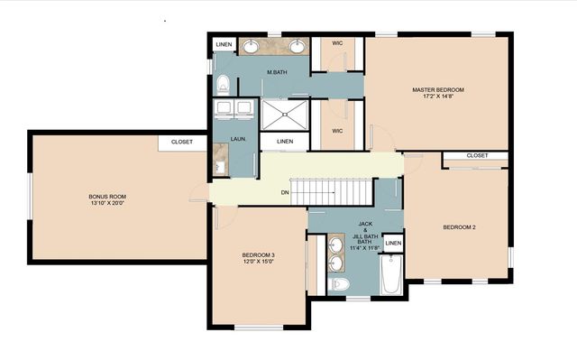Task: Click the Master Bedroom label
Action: pyautogui.click(x=438, y=90)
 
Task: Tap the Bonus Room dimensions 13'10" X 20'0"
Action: pyautogui.click(x=107, y=203)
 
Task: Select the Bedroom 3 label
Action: pyautogui.click(x=259, y=255)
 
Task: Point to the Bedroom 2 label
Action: pyautogui.click(x=459, y=227)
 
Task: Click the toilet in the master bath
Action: pyautogui.click(x=223, y=84)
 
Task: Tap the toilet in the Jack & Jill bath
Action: pyautogui.click(x=339, y=284)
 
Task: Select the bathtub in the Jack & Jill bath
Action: pyautogui.click(x=390, y=274)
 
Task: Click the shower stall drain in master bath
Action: pyautogui.click(x=285, y=115)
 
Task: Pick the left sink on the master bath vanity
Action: pyautogui.click(x=252, y=47)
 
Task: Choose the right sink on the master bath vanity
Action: pyautogui.click(x=297, y=47)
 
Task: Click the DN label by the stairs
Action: pyautogui.click(x=285, y=192)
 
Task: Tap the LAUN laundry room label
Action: pyautogui.click(x=238, y=139)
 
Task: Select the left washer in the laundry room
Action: pyautogui.click(x=224, y=110)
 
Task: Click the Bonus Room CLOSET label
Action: pyautogui.click(x=182, y=142)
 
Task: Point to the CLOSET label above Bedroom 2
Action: pyautogui.click(x=477, y=156)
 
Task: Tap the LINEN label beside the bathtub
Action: pyautogui.click(x=393, y=244)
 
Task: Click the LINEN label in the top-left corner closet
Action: pyautogui.click(x=224, y=45)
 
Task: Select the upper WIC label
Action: pyautogui.click(x=337, y=43)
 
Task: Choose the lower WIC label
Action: pyautogui.click(x=337, y=131)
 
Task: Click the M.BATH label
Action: pyautogui.click(x=277, y=72)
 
